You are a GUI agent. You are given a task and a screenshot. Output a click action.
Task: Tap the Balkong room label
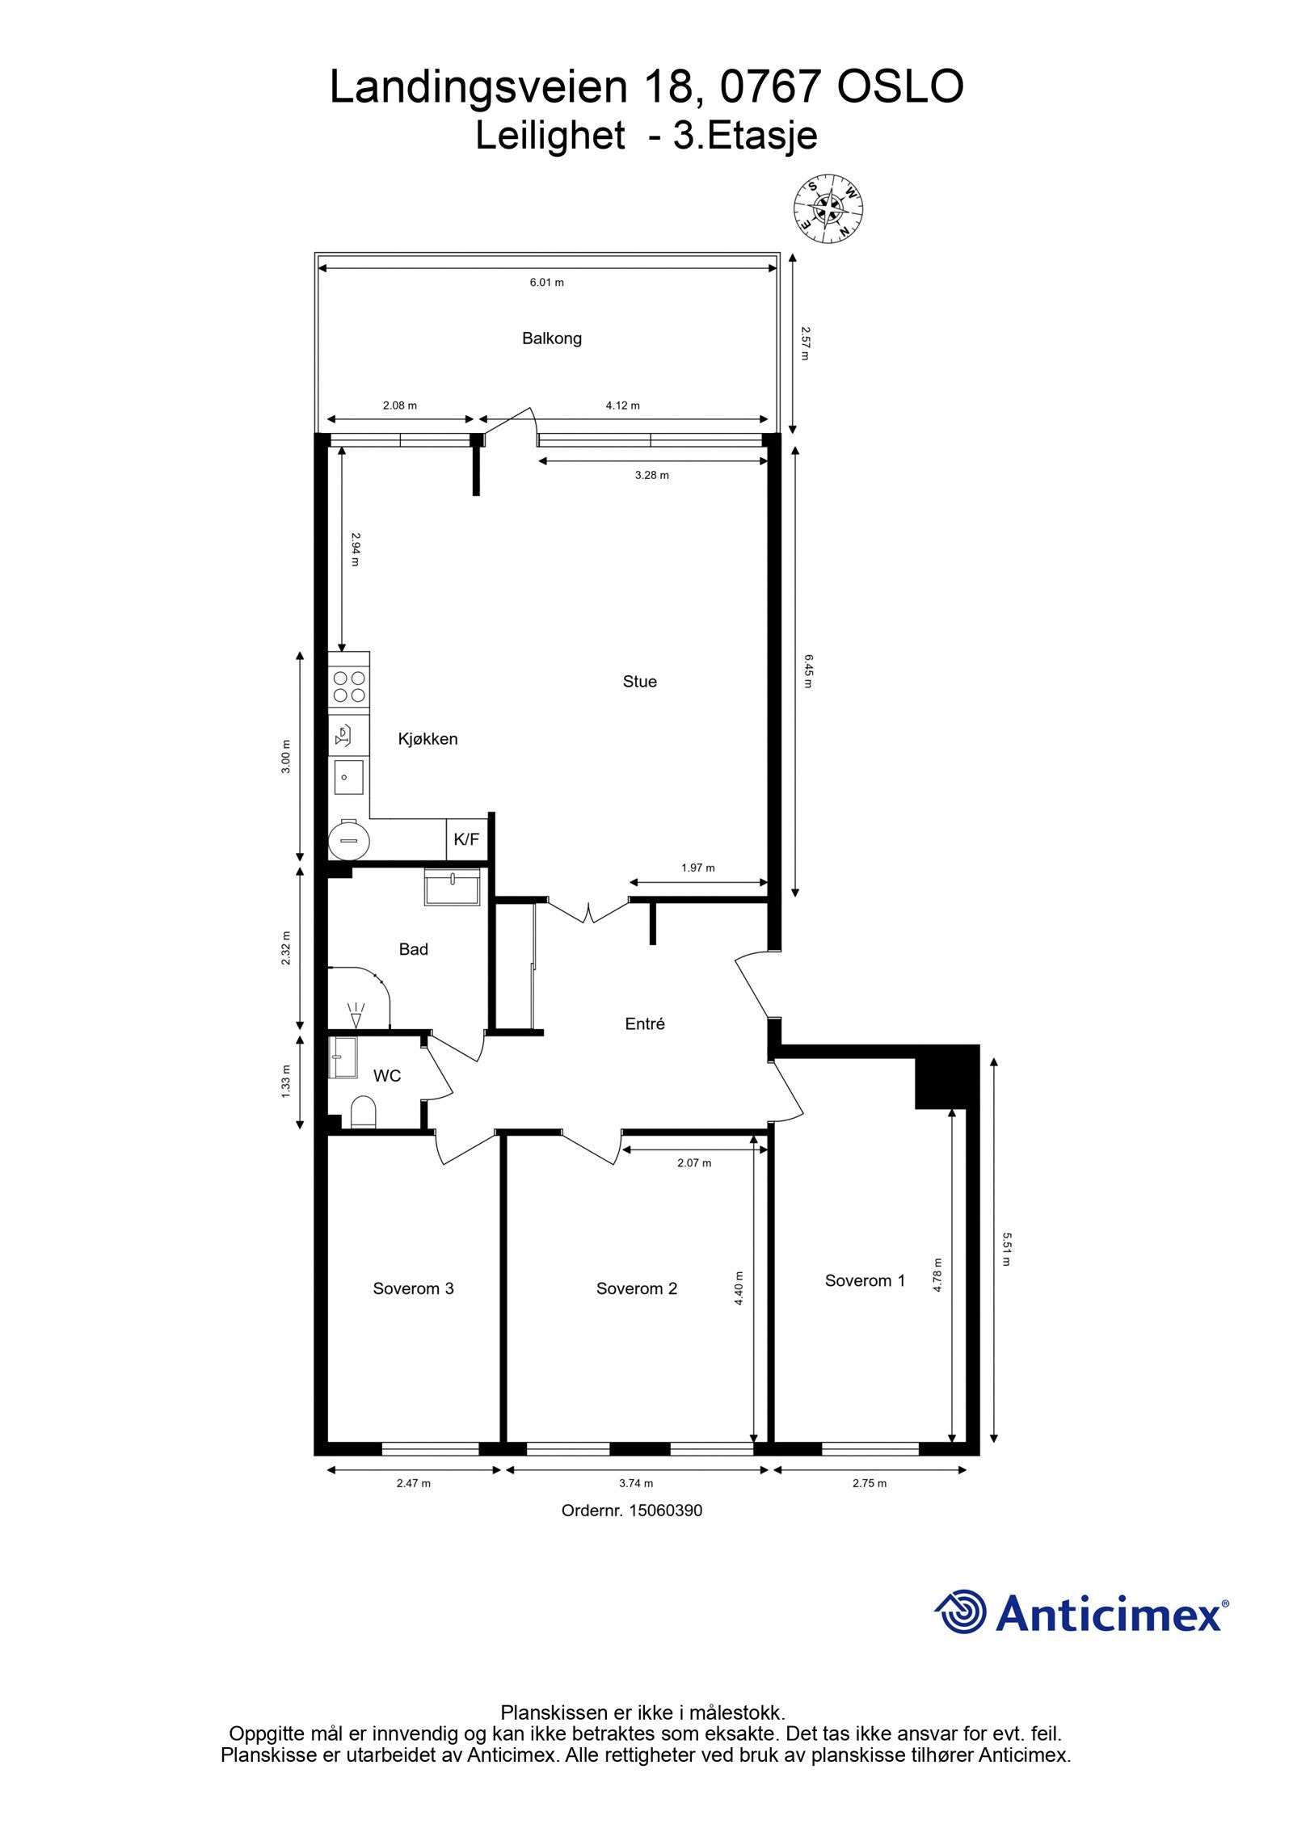point(551,338)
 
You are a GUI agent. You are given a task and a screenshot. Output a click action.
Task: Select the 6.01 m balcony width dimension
point(546,282)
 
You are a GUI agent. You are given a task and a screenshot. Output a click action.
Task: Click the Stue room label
point(639,682)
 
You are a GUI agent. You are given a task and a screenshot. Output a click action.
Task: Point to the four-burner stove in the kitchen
point(349,686)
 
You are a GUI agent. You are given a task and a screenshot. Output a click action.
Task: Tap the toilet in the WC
point(364,1112)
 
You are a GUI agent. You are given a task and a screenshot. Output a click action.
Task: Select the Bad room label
point(413,949)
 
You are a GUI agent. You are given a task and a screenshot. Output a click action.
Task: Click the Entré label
point(645,1023)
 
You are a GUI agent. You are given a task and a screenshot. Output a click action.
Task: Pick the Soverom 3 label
point(413,1288)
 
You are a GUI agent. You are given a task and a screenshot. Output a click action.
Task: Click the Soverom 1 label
point(865,1280)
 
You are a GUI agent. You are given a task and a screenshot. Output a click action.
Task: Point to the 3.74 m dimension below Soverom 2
point(636,1483)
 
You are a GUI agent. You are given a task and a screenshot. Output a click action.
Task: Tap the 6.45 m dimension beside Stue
point(807,671)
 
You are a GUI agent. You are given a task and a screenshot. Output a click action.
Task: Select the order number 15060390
point(665,1511)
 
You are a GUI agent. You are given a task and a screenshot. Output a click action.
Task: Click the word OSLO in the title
point(900,86)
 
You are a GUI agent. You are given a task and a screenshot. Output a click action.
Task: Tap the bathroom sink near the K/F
point(453,888)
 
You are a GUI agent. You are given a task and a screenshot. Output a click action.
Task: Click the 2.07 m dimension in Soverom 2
point(694,1163)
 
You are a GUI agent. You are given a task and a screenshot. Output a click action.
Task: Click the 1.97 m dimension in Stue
point(697,868)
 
